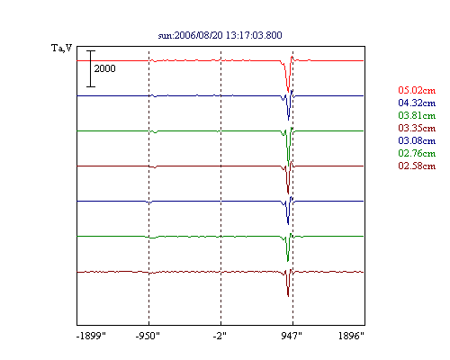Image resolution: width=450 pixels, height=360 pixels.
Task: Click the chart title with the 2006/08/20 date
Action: click(x=220, y=35)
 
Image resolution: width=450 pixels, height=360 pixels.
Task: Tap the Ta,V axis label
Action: click(x=61, y=48)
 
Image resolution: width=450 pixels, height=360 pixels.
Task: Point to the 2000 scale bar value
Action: click(x=104, y=68)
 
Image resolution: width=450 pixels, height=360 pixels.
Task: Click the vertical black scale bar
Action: click(x=91, y=68)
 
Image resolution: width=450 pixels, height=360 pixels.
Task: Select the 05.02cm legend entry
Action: click(x=417, y=90)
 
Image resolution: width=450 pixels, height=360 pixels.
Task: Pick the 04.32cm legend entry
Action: click(x=417, y=103)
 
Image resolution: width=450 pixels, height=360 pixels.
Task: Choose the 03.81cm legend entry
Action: click(x=417, y=115)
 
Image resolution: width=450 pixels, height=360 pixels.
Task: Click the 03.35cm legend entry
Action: click(x=417, y=128)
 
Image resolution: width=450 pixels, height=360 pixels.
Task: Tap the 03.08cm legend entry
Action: click(x=417, y=140)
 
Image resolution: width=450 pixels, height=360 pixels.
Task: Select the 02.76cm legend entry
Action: click(x=417, y=153)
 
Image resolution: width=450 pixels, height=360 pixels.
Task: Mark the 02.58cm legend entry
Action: click(x=417, y=166)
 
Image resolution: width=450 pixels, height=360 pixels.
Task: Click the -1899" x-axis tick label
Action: click(x=91, y=336)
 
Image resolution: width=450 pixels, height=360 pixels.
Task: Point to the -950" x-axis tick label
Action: click(x=148, y=336)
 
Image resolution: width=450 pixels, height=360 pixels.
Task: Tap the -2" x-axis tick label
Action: click(x=220, y=336)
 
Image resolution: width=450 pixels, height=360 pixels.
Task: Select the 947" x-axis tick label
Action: click(x=292, y=336)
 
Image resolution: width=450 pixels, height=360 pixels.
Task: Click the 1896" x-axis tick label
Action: click(x=351, y=336)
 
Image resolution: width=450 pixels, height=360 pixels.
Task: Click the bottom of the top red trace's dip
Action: click(x=288, y=92)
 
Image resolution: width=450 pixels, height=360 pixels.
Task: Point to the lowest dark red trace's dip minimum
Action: click(x=288, y=296)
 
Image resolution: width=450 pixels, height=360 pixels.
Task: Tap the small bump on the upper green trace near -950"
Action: click(x=155, y=132)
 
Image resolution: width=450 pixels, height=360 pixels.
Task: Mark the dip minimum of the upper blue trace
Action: click(x=288, y=120)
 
